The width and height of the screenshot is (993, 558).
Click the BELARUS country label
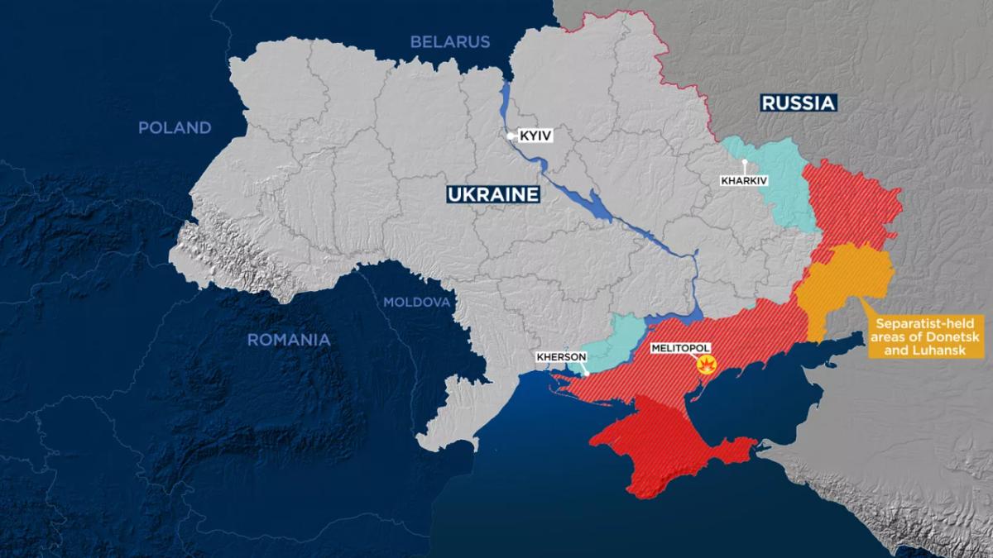coord(450,41)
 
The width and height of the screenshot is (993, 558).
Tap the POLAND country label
coord(175,127)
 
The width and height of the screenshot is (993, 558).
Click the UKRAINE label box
coord(493,194)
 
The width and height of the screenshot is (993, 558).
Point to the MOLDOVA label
coord(416,302)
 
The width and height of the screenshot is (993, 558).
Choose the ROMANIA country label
coord(289,339)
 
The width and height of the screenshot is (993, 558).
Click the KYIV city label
coord(535,135)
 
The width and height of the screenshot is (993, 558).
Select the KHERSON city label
coord(561,357)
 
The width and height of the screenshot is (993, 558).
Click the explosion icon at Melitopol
coord(707,365)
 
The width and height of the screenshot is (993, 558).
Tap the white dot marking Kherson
coord(587,374)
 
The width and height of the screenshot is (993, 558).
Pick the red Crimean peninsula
coord(662,446)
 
